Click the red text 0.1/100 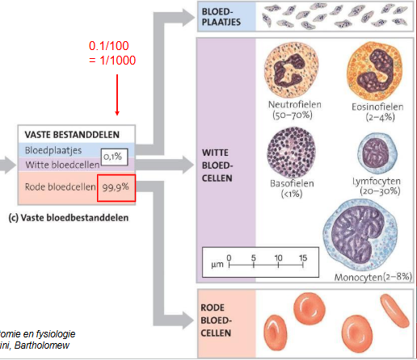coord(112,47)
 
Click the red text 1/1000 coord(112,61)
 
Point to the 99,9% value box coord(115,186)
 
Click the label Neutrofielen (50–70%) coord(294,111)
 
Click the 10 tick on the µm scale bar coord(279,257)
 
